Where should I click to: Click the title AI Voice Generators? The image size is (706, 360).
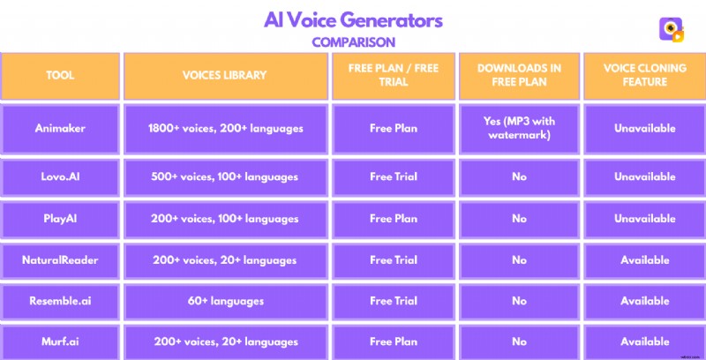[x=353, y=19]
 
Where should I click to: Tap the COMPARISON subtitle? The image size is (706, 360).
[x=353, y=41]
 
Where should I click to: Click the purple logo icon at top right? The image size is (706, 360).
[x=672, y=29]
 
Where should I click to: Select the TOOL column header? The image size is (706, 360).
[x=60, y=76]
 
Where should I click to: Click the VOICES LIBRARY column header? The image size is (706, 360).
[x=226, y=76]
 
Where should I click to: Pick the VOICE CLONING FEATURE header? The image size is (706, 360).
[x=642, y=76]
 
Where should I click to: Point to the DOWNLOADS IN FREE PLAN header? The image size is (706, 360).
[x=519, y=76]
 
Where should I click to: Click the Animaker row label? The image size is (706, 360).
[x=60, y=129]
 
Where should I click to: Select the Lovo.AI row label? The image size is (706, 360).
[x=60, y=177]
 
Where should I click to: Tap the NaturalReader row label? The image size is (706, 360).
[x=60, y=260]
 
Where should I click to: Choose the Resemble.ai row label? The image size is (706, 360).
[x=60, y=301]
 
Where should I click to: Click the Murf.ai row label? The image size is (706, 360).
[x=60, y=341]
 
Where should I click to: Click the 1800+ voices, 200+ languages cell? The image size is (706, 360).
[x=226, y=129]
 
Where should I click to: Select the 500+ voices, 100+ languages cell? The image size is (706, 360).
[x=226, y=177]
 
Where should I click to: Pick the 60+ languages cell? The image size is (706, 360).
[x=226, y=301]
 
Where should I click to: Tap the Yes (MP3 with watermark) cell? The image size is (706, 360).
[x=519, y=129]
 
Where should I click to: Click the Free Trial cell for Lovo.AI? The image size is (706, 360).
[x=394, y=177]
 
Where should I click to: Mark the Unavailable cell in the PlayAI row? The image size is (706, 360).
[x=642, y=219]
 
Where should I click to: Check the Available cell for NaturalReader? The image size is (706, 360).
[x=642, y=260]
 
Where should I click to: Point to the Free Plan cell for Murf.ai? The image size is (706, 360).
[x=394, y=341]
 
